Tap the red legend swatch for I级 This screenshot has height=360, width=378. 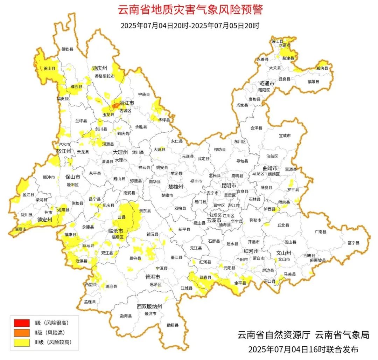click(22, 323)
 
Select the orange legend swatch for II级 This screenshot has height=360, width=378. click(22, 333)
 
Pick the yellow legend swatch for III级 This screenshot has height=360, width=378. click(22, 342)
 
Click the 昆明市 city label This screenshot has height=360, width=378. click(229, 185)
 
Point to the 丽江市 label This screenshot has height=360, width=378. click(127, 103)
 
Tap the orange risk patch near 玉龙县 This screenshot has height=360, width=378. click(115, 105)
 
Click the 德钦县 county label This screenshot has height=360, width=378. click(68, 49)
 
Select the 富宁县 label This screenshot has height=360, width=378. click(353, 242)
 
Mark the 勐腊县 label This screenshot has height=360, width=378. click(173, 325)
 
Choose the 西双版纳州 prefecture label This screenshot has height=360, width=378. click(149, 307)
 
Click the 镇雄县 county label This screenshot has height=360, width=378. click(313, 81)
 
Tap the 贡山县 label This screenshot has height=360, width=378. click(49, 69)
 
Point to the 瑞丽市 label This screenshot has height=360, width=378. click(20, 229)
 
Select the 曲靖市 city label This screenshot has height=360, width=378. click(270, 168)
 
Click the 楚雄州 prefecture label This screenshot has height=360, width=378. click(176, 187)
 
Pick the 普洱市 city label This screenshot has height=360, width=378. click(153, 277)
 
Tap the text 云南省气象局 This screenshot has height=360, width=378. click(342, 335)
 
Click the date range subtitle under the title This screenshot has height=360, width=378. click(190, 26)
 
